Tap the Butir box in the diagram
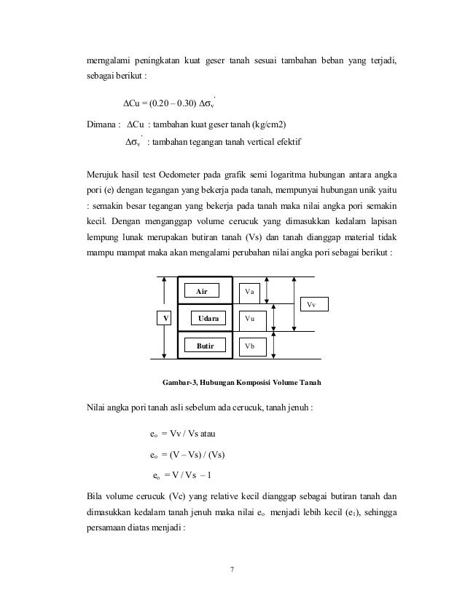click(205, 346)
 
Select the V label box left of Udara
click(165, 319)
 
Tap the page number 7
click(232, 568)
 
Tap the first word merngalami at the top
click(107, 59)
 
